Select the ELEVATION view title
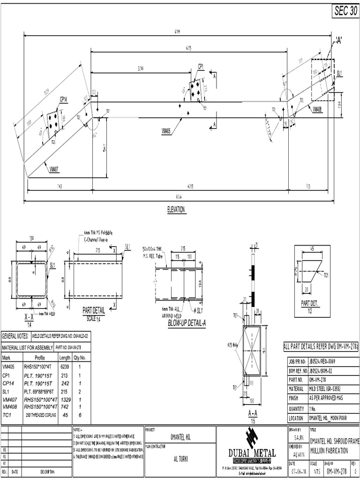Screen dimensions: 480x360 point(176,210)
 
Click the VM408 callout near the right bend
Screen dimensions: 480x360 point(317,109)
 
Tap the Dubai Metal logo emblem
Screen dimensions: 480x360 point(252,439)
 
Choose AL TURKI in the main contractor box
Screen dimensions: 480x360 point(180,459)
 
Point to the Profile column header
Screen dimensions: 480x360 point(40,357)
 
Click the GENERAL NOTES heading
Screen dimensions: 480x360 point(15,336)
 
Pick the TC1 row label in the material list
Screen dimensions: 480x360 point(7,415)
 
